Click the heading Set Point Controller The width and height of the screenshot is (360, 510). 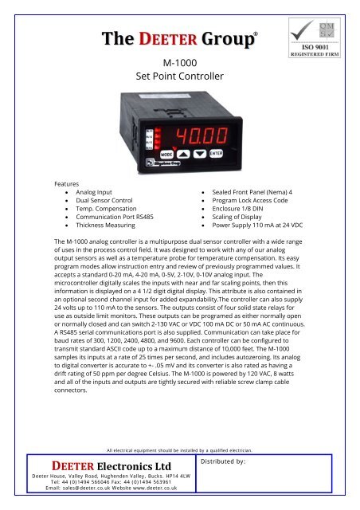pyautogui.click(x=179, y=78)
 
